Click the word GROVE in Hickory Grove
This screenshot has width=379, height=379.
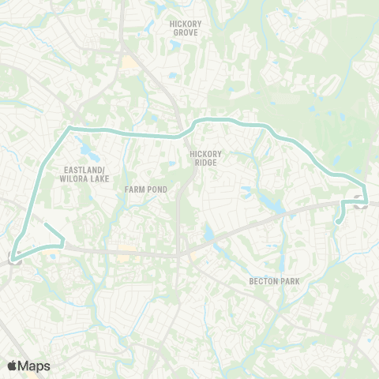click(186, 34)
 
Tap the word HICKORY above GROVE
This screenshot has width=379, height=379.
click(186, 24)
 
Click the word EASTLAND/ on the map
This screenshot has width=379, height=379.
click(84, 169)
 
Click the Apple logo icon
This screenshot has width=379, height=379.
click(12, 366)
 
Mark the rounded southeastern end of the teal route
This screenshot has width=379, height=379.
click(337, 222)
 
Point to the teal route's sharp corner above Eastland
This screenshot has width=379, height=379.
click(69, 126)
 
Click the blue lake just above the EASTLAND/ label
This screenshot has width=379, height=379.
click(83, 146)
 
